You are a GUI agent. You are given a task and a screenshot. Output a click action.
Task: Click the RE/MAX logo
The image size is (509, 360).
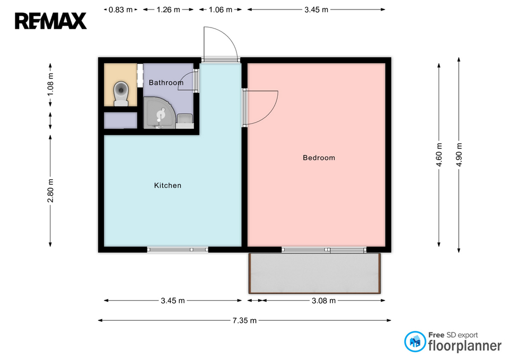click(51, 21)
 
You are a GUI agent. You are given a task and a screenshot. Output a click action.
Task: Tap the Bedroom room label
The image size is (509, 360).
click(319, 158)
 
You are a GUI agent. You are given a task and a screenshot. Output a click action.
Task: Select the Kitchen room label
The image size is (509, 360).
click(168, 186)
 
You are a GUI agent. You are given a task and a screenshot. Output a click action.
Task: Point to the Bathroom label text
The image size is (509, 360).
click(166, 83)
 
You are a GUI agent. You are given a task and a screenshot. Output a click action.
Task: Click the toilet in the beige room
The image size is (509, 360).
click(121, 93)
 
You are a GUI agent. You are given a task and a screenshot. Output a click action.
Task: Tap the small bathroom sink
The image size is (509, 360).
click(185, 121)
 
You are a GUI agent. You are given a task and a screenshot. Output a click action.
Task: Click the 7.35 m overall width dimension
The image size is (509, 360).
click(244, 320)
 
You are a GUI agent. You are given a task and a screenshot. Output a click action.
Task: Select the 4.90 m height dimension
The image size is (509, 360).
click(459, 155)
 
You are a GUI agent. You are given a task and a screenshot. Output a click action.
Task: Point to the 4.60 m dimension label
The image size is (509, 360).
click(439, 155)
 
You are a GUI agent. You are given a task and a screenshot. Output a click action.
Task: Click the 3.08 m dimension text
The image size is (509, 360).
click(323, 301)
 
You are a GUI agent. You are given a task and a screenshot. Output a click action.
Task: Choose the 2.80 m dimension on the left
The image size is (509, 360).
click(50, 190)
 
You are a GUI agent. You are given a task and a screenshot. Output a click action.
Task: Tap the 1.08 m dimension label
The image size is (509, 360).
click(50, 84)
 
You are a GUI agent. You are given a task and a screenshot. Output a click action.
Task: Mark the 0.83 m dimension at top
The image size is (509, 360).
click(120, 10)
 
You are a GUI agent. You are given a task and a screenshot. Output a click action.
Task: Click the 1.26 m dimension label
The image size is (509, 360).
click(168, 10)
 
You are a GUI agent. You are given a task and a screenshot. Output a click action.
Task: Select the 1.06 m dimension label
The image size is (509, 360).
click(221, 10)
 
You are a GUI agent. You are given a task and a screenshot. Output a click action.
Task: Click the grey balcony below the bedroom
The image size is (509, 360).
click(314, 274)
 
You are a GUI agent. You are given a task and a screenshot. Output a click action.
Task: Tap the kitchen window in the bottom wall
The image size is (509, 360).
click(178, 250)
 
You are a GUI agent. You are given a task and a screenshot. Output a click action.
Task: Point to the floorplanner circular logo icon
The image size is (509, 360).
click(415, 341)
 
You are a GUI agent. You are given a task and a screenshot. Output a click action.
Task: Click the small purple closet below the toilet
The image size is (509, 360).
click(120, 120)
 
